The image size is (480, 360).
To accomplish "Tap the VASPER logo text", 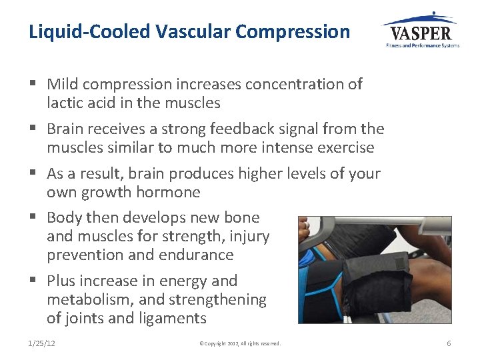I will click(421, 33).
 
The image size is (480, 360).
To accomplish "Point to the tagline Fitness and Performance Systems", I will click(423, 45).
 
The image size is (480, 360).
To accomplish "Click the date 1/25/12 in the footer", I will click(42, 343).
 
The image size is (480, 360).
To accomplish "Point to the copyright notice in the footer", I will click(240, 343).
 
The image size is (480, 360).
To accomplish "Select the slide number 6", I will click(449, 343).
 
